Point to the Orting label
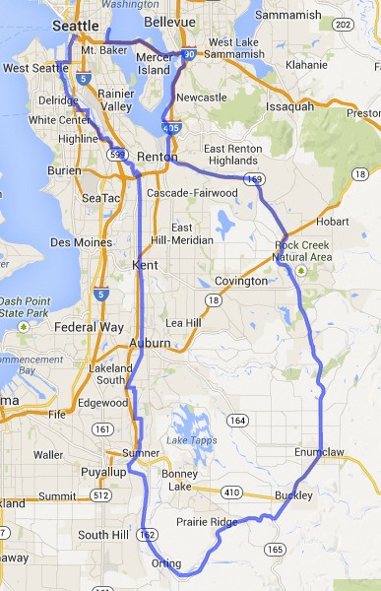[x=168, y=563]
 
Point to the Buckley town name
[x=293, y=494]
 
